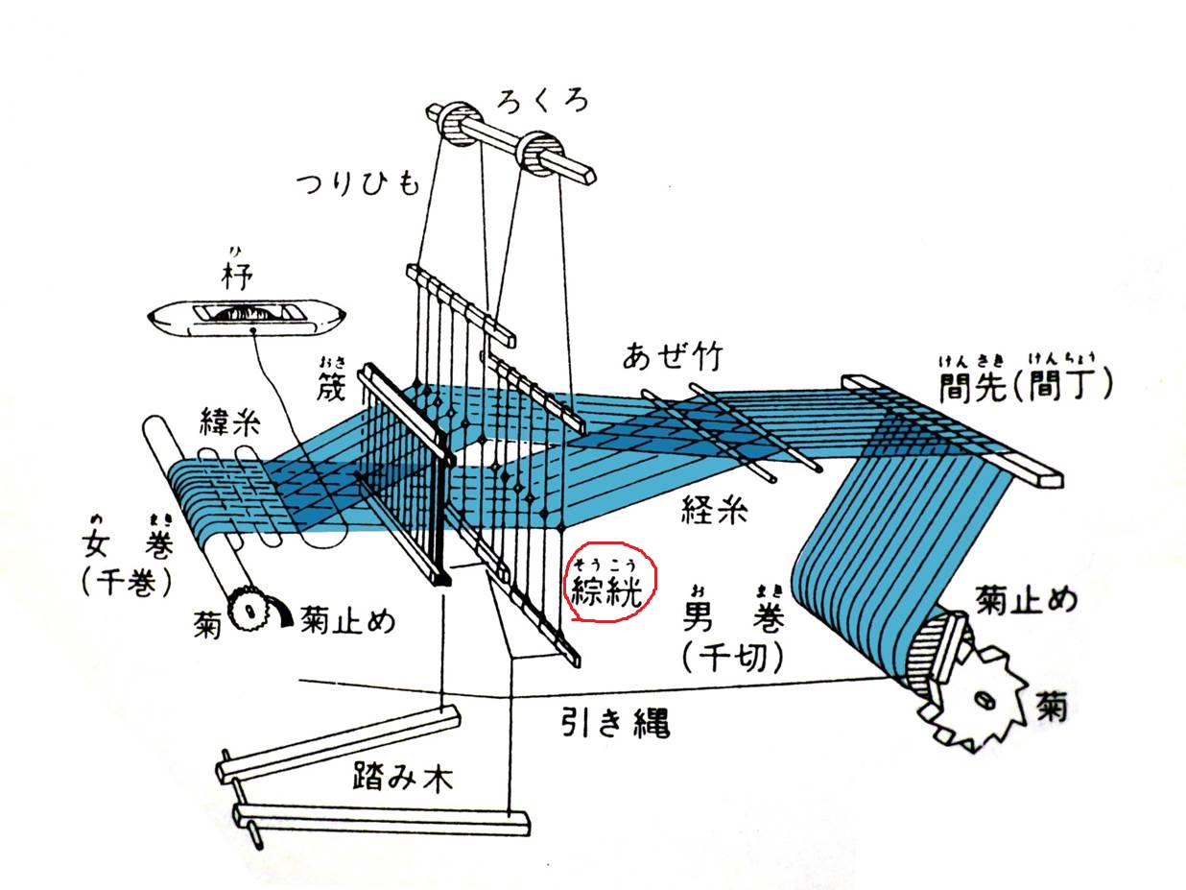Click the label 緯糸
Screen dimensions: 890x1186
(x=228, y=422)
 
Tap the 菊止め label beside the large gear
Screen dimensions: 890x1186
(x=1026, y=601)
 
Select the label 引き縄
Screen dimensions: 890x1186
(x=615, y=722)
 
